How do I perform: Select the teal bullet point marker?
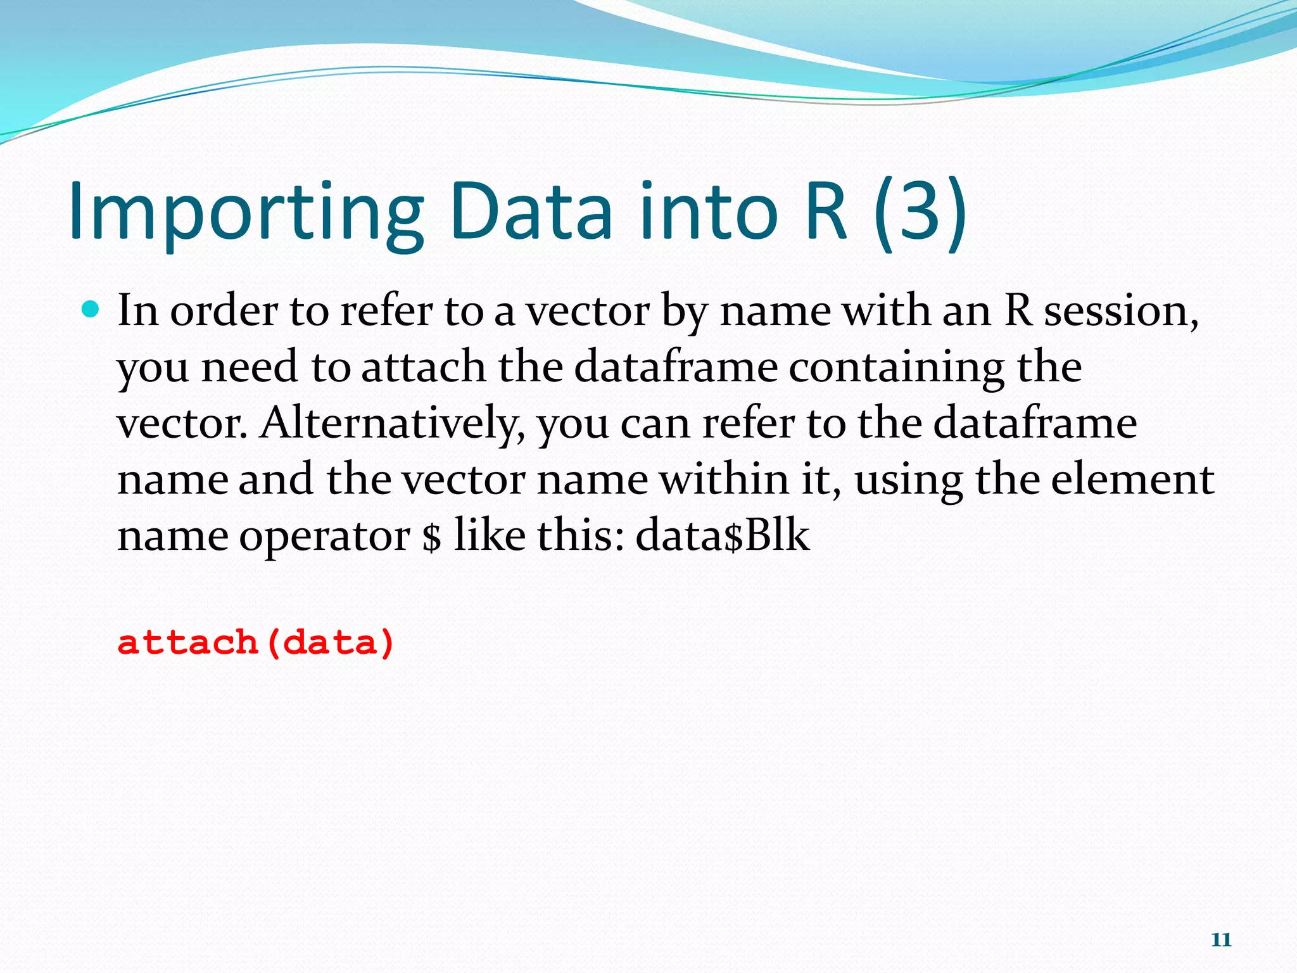click(x=91, y=310)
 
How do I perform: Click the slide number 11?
click(x=1221, y=939)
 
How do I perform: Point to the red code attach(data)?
click(x=256, y=642)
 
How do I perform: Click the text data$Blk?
click(x=722, y=535)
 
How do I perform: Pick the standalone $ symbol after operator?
click(x=431, y=537)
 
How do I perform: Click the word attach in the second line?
click(x=423, y=367)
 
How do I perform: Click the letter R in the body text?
click(x=1018, y=311)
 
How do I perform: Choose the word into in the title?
click(x=708, y=212)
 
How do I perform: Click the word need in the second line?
click(x=250, y=367)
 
